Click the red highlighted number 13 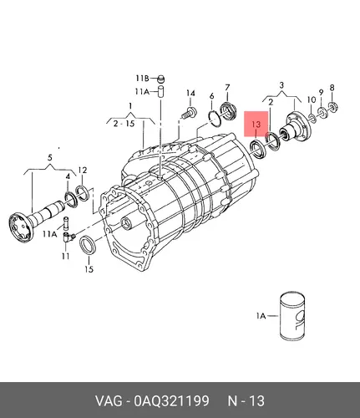click(256, 124)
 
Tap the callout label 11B click(142, 79)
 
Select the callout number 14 click(190, 94)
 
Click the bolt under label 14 click(190, 112)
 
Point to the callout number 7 click(227, 88)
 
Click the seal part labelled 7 click(228, 111)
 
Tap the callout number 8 click(332, 88)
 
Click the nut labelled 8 click(332, 106)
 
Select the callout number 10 click(312, 99)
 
